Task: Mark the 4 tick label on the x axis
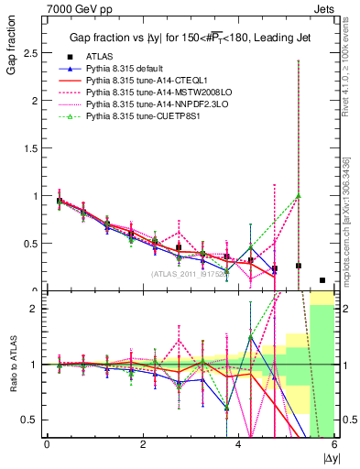coord(239,445)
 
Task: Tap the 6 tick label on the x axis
coord(334,445)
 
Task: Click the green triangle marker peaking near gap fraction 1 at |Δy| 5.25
coord(299,195)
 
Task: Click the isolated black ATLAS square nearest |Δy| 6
coord(322,280)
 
